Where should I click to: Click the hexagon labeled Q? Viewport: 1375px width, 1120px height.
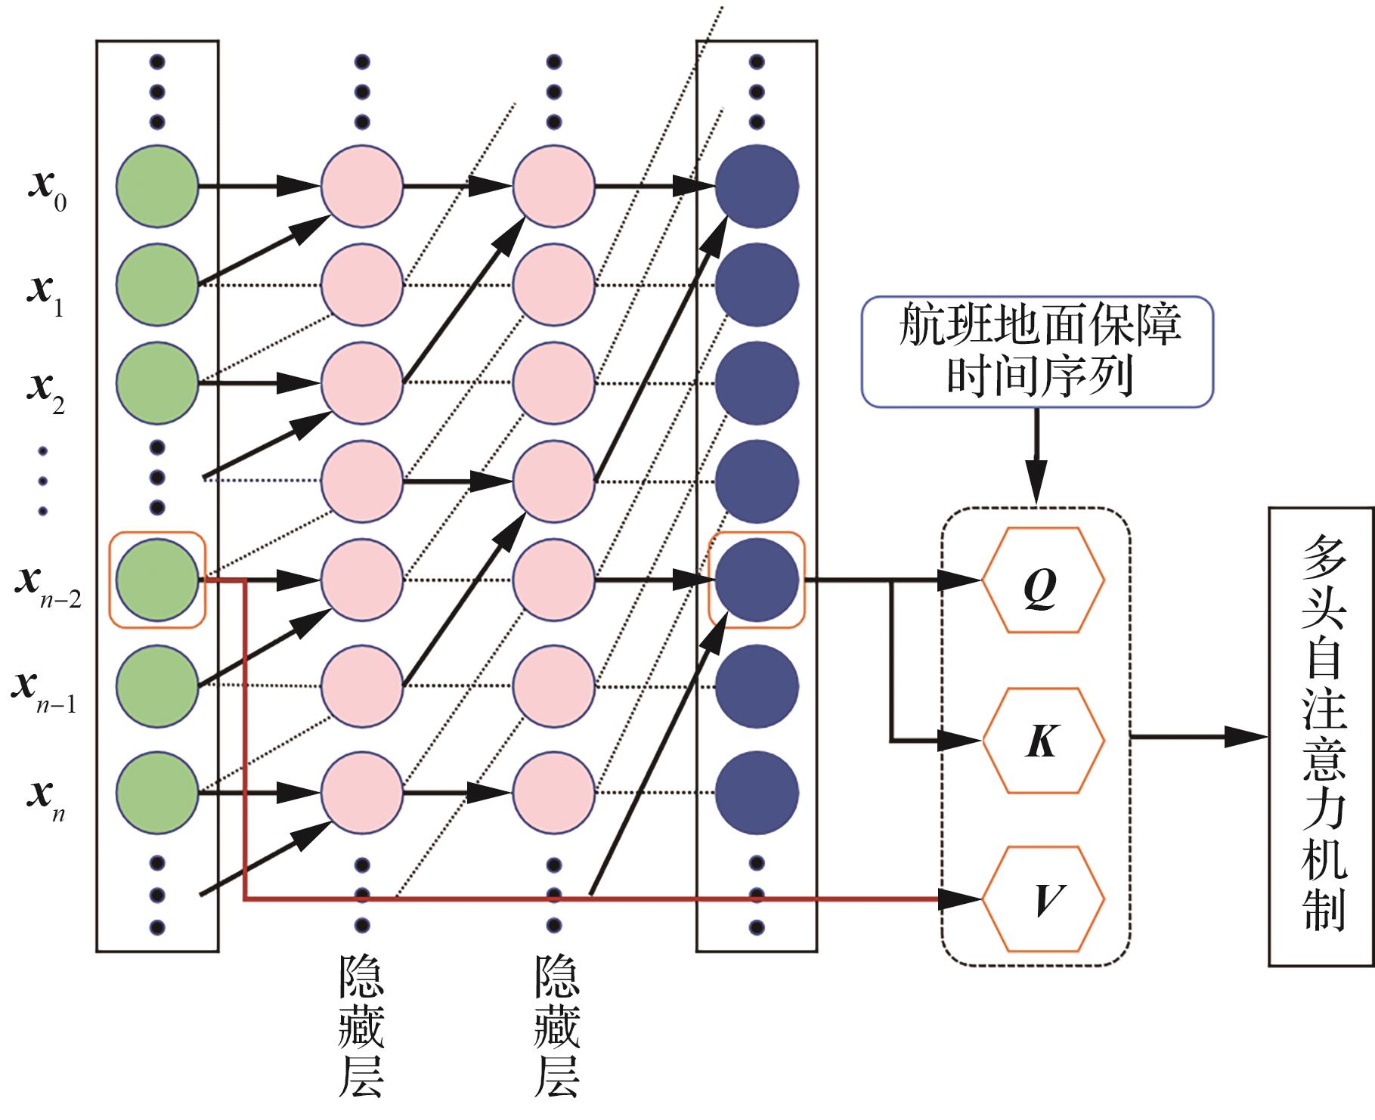[1043, 580]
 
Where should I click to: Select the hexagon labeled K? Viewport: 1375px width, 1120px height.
[1043, 740]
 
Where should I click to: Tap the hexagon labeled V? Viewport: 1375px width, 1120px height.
[1043, 899]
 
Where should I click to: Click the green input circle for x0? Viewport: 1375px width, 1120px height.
[157, 185]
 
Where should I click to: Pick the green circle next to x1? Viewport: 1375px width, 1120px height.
[157, 284]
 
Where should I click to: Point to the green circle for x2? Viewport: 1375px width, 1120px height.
[157, 383]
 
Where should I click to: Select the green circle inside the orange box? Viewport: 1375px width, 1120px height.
[157, 580]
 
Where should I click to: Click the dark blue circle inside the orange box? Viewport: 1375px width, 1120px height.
[757, 580]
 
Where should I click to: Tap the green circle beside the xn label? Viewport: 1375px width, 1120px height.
[157, 793]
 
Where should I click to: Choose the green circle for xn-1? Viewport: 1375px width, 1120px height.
[157, 685]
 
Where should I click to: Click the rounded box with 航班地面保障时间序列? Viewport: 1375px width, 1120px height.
[1037, 351]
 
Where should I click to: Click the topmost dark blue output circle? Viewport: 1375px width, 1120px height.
[757, 185]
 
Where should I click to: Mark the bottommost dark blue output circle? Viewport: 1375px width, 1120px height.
[757, 793]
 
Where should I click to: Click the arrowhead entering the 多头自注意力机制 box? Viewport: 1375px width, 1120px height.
[1247, 737]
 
